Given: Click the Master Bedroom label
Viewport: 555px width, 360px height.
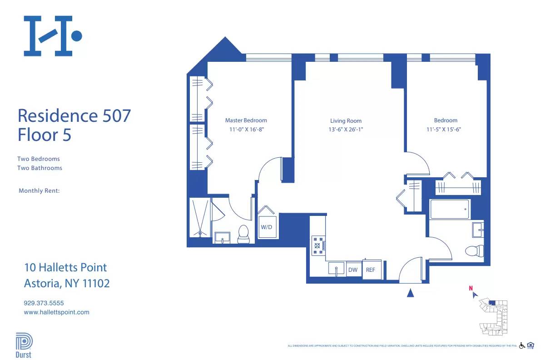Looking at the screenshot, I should (246, 120).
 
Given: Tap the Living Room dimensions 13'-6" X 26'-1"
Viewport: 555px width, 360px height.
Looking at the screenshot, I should (346, 130).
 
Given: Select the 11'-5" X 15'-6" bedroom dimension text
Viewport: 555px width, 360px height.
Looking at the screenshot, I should (445, 129).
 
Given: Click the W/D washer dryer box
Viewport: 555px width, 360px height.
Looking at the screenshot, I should (266, 227).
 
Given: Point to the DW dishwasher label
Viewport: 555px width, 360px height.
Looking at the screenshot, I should (353, 270).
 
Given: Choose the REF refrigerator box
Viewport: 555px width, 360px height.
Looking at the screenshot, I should (371, 270).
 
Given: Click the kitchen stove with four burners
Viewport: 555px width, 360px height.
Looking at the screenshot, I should (317, 245).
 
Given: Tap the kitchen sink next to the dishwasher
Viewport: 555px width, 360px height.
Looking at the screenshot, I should (336, 268).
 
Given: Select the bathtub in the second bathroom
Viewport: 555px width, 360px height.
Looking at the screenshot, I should (450, 209).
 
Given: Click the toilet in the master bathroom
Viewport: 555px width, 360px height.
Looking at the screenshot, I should (244, 234).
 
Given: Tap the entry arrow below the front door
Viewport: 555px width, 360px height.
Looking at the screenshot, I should (411, 294).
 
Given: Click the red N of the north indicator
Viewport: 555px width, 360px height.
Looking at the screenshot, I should (471, 288).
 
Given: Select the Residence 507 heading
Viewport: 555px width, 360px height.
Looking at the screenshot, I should (74, 115).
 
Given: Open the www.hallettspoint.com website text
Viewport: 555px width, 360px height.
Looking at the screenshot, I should (56, 312).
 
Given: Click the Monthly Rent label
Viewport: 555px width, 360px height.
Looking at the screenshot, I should (39, 191).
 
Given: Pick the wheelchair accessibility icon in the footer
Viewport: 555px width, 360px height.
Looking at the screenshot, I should (522, 345).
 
